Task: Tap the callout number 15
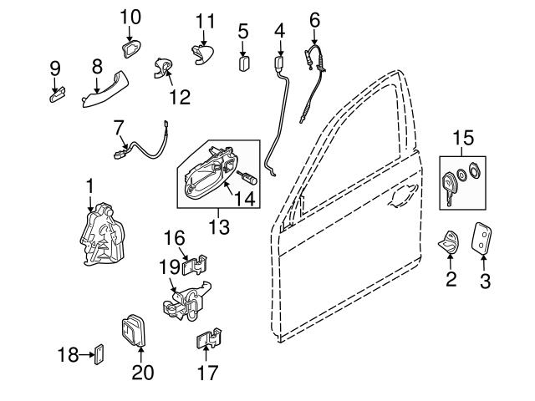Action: coord(463,138)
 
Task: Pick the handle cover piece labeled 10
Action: coord(130,50)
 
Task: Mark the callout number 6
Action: coord(314,18)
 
